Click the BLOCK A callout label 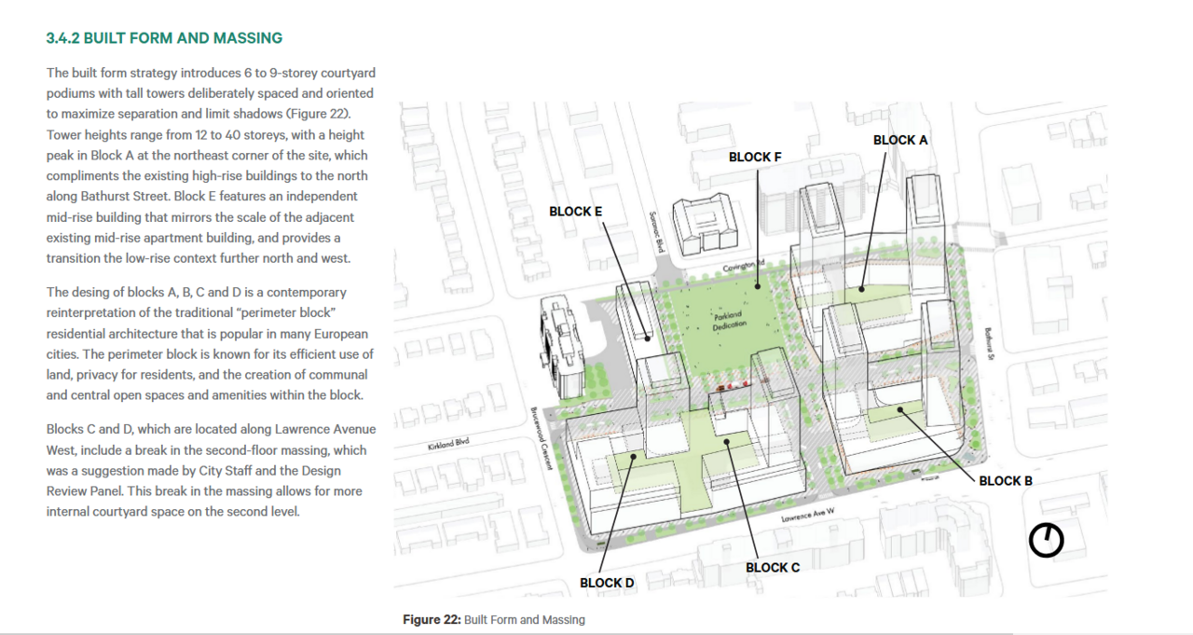(x=900, y=140)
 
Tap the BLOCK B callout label (x=1006, y=481)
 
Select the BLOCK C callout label (x=773, y=568)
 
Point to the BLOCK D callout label (x=607, y=584)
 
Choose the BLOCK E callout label (x=575, y=212)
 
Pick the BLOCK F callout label (x=755, y=158)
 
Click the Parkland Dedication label (x=729, y=320)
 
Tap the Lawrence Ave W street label (x=808, y=515)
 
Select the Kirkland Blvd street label (x=448, y=444)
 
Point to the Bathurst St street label (x=989, y=343)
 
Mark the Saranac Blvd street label (x=657, y=232)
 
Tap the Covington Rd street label (x=744, y=266)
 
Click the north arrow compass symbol (x=1046, y=540)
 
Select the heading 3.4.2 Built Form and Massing (x=164, y=38)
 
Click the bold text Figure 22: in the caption (x=432, y=620)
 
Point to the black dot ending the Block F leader (x=758, y=286)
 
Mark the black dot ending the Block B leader (x=899, y=409)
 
